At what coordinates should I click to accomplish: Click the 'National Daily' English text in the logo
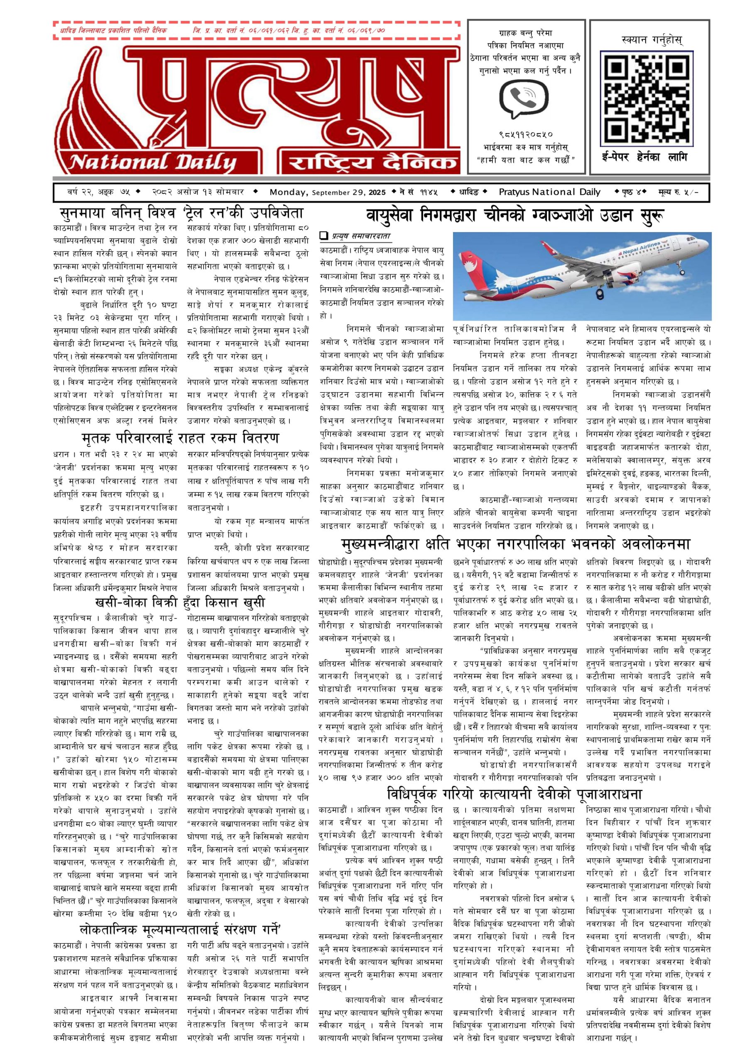click(152, 162)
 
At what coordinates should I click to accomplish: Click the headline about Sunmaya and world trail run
click(181, 213)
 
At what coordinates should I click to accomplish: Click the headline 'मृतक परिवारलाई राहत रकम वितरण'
click(180, 438)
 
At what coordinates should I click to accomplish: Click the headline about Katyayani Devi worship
click(514, 794)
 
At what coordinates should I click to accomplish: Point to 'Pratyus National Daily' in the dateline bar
click(549, 192)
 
